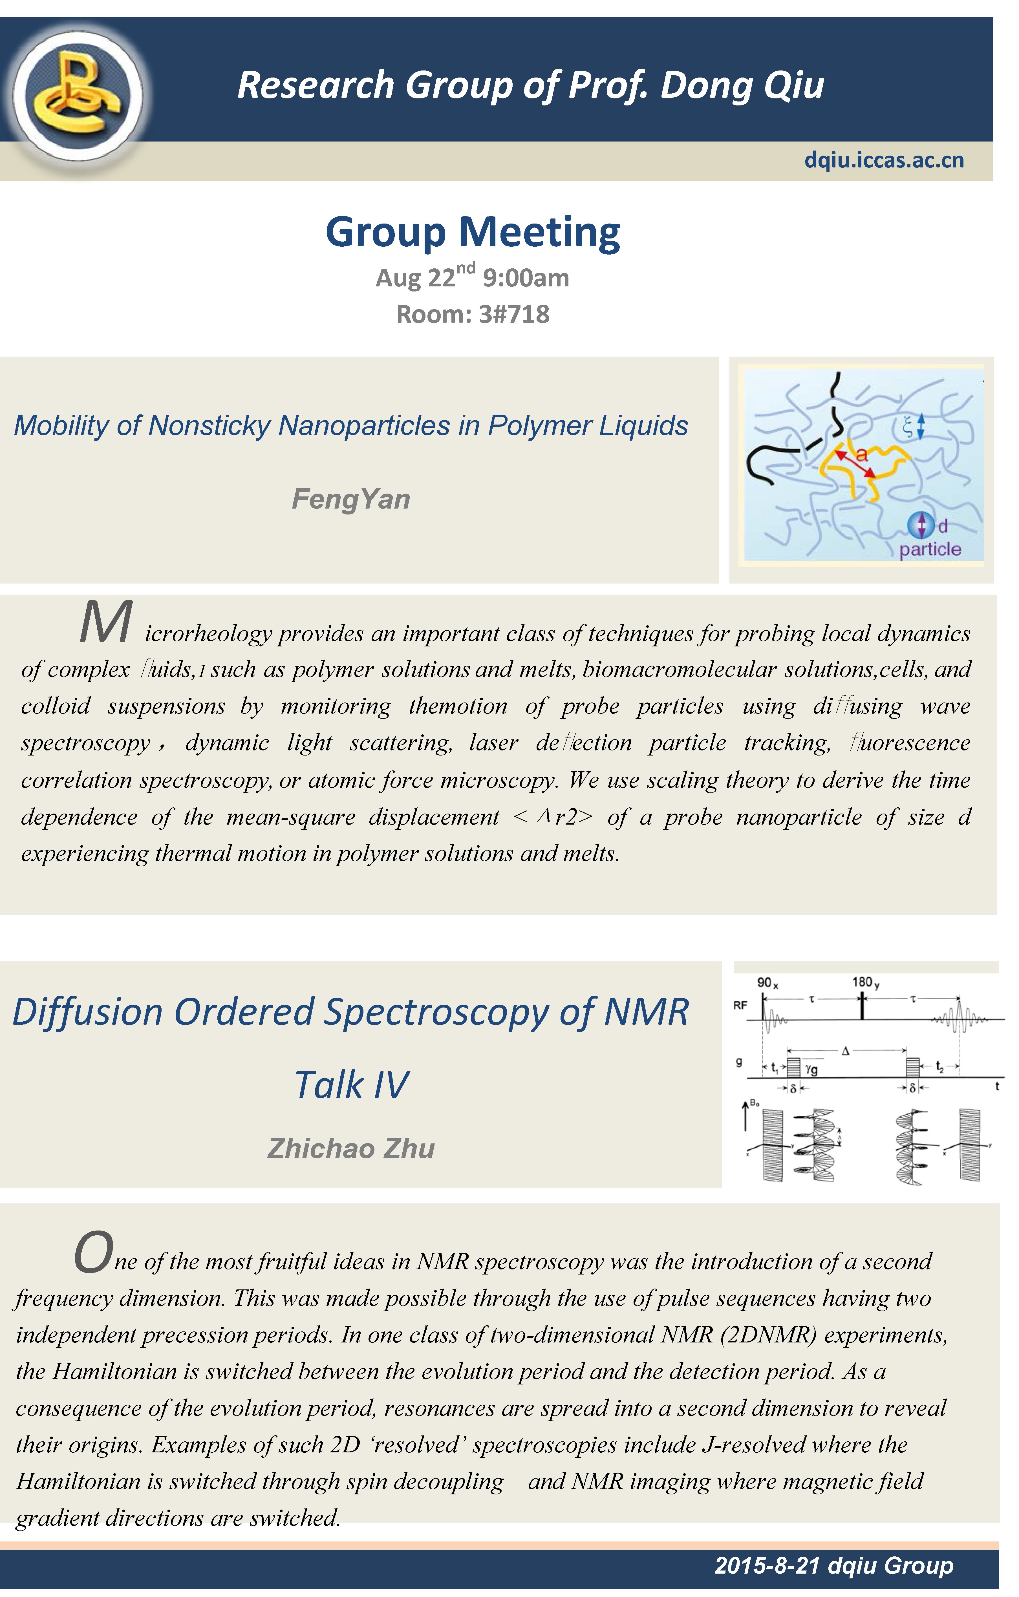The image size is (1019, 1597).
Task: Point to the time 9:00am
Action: point(525,278)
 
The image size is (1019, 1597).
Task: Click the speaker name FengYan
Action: point(351,499)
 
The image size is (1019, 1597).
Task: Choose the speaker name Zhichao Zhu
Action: point(351,1148)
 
